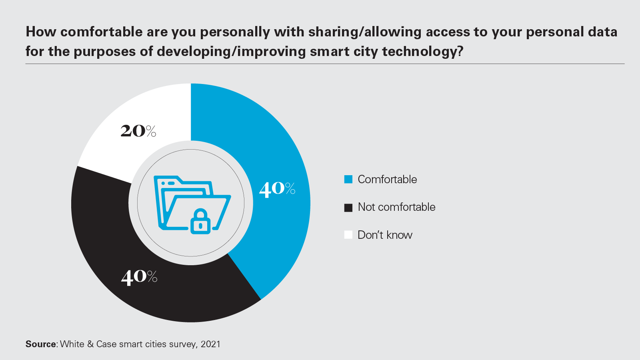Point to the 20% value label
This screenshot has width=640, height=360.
[x=138, y=131]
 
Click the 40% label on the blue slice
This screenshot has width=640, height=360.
[x=277, y=188]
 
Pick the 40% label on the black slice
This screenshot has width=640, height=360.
[x=139, y=276]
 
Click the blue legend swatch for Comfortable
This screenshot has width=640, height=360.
[x=348, y=180]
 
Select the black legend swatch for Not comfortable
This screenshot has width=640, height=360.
[x=348, y=208]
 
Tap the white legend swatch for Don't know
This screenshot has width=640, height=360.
[x=348, y=235]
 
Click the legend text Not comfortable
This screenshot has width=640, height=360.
[x=396, y=207]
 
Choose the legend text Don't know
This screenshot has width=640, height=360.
[x=385, y=235]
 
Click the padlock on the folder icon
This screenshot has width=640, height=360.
[x=200, y=222]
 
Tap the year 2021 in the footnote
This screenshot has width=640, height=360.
[x=210, y=344]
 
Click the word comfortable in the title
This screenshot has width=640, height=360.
[x=102, y=32]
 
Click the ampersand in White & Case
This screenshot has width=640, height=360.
[x=90, y=344]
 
